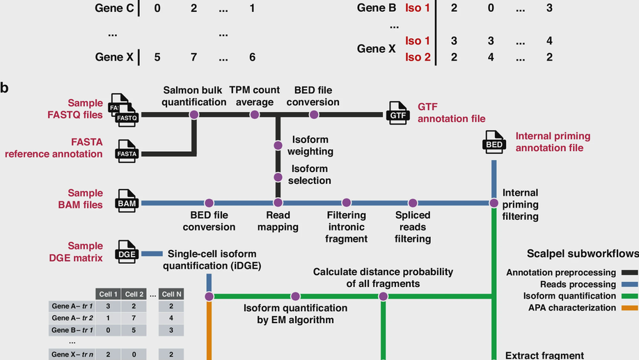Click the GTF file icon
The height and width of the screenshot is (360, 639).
point(398,113)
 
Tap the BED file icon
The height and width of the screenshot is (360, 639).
point(494,143)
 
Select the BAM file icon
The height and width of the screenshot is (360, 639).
point(127,202)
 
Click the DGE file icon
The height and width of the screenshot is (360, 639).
point(127,253)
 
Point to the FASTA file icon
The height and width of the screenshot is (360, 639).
point(127,151)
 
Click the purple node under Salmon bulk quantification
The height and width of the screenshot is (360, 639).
point(194,114)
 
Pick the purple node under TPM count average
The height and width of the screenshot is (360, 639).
point(255,114)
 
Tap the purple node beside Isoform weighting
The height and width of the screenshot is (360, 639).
point(278,146)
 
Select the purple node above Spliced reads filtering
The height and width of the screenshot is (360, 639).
point(413,203)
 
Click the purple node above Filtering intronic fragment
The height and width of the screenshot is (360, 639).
point(346,203)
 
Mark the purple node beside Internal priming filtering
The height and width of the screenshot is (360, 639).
point(494,203)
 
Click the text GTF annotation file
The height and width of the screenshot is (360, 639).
point(451,113)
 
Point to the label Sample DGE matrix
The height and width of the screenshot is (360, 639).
point(85,252)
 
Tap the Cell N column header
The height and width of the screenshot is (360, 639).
point(171,294)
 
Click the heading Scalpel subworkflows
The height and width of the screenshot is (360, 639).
point(582,254)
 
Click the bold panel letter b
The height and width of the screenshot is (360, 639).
point(5,88)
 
